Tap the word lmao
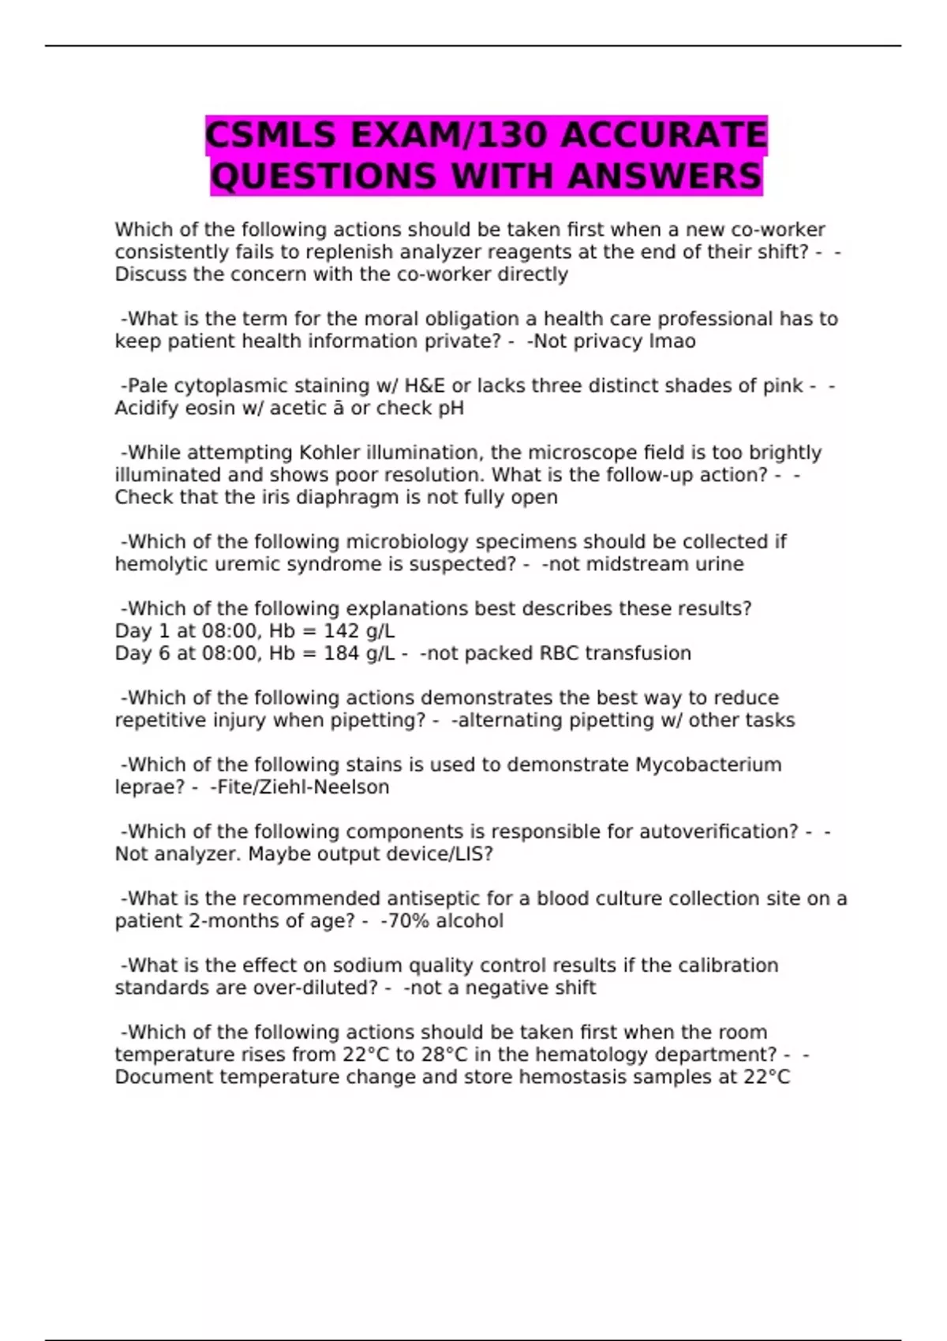[672, 342]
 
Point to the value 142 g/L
[359, 631]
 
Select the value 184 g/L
[359, 653]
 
